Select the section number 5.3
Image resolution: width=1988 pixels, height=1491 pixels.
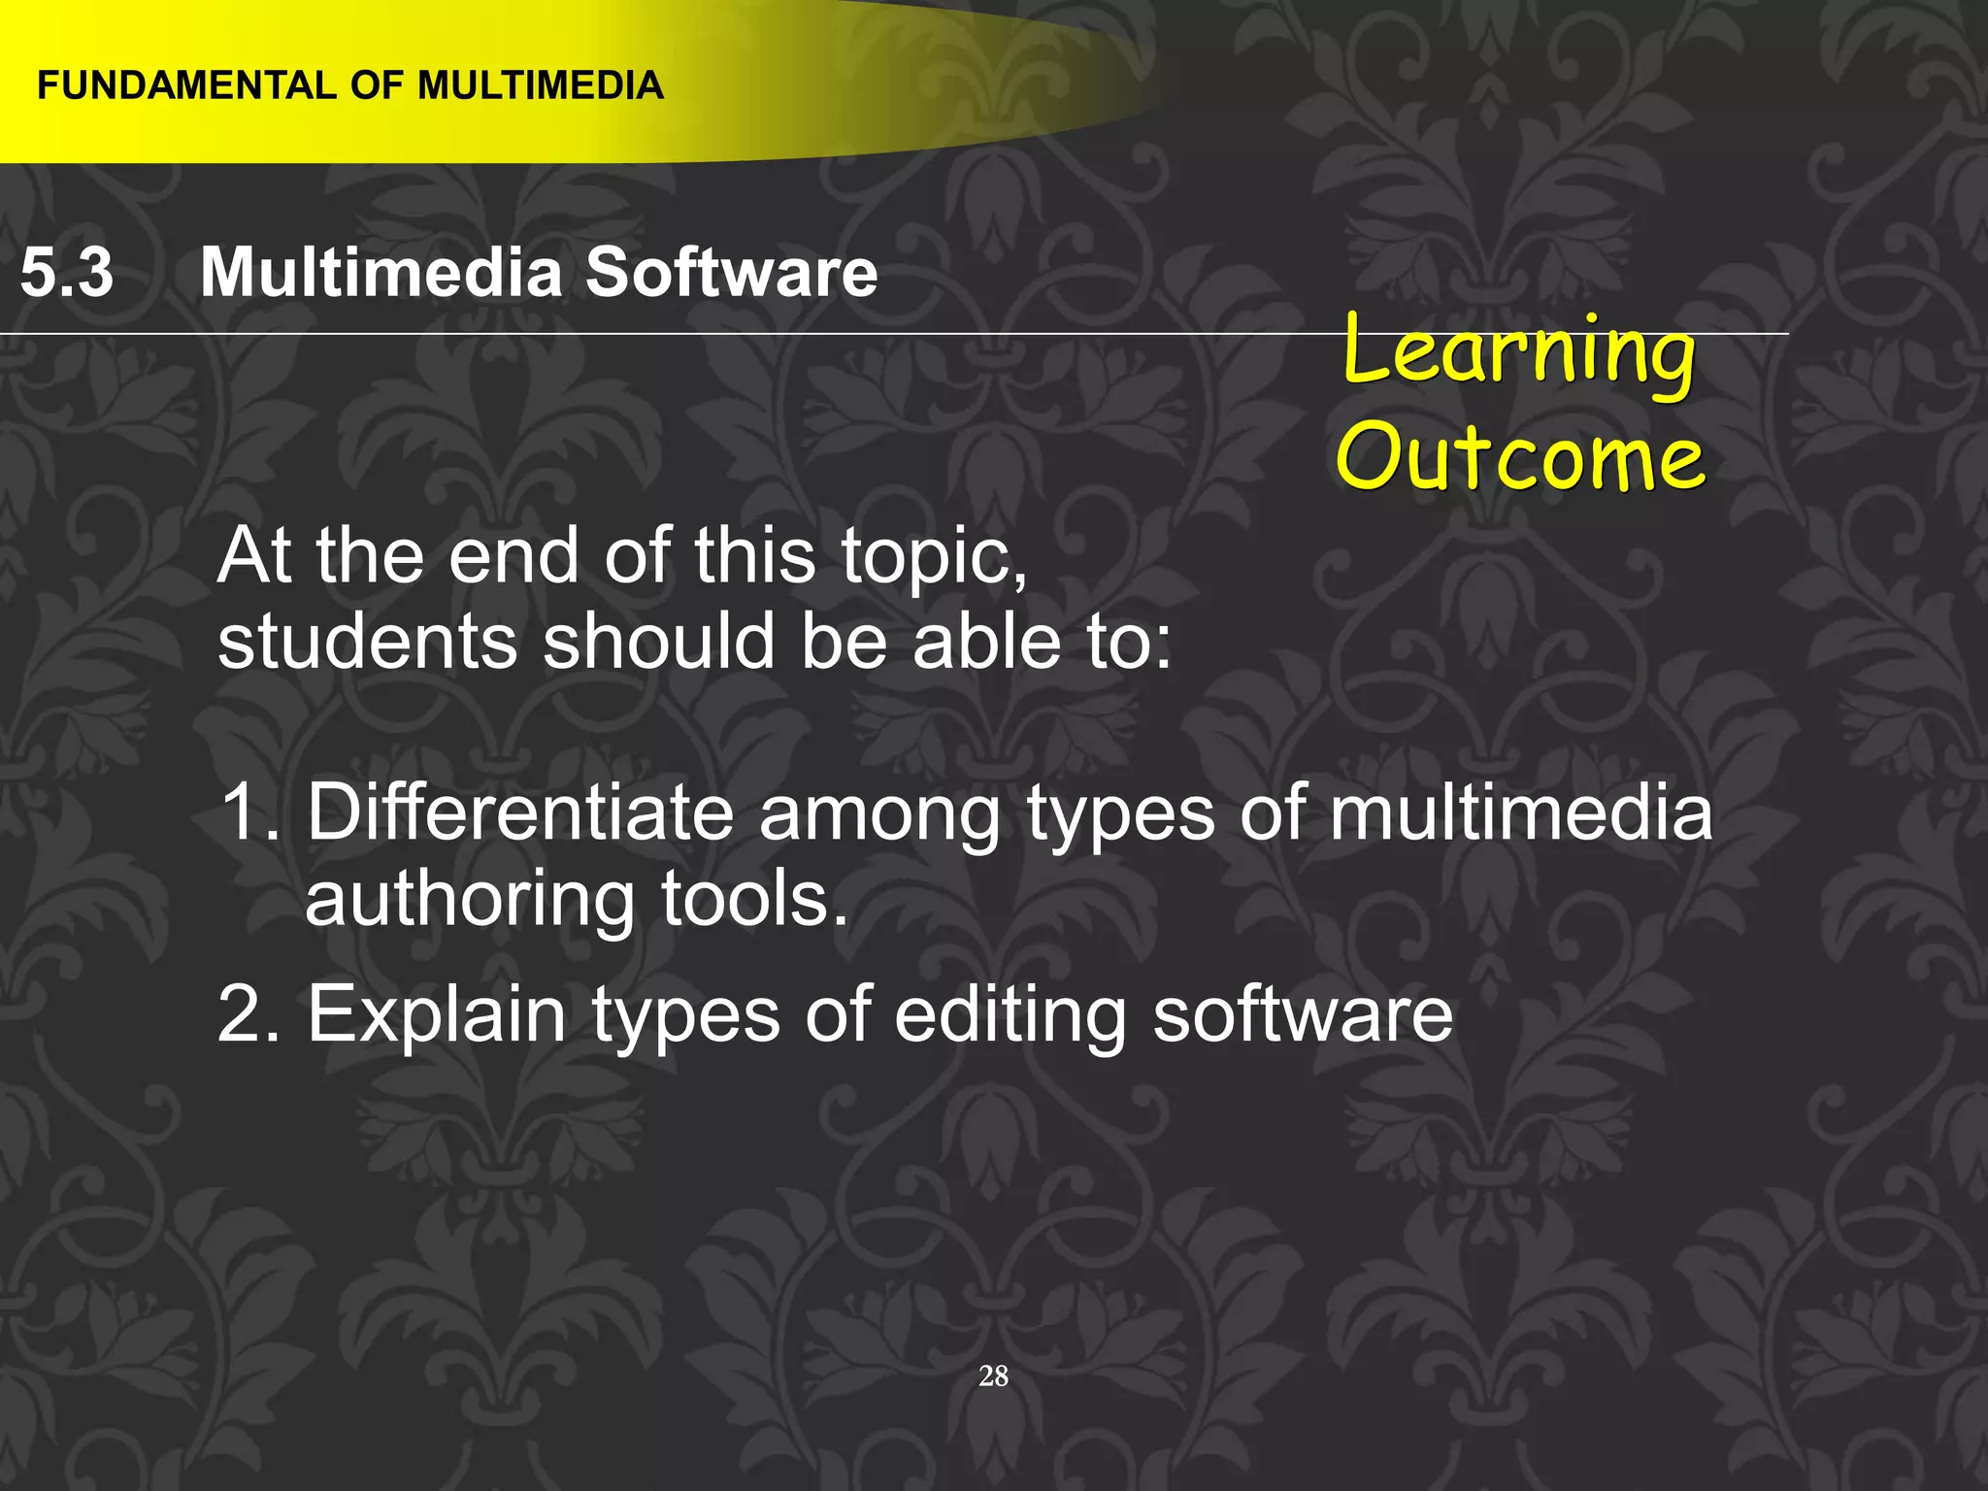[x=66, y=272]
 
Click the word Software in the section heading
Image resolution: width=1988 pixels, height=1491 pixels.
[x=731, y=272]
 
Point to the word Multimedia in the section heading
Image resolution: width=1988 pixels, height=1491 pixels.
[x=381, y=272]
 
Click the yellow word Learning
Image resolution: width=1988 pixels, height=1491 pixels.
[x=1519, y=351]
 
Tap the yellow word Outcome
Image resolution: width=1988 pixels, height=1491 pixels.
[x=1519, y=456]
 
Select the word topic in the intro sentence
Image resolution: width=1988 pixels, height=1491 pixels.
[x=932, y=557]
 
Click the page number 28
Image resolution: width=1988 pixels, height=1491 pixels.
[x=993, y=1375]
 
